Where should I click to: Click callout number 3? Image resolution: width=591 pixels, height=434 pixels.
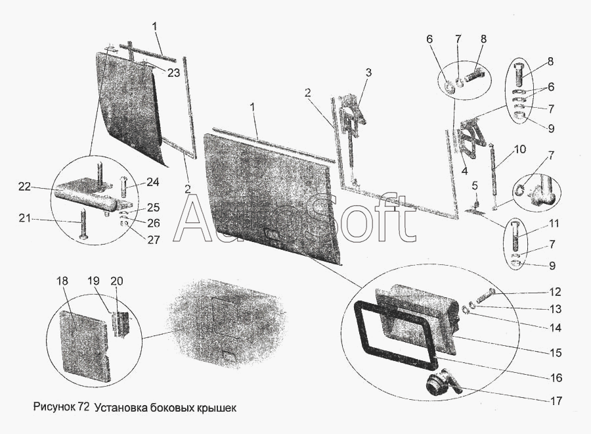[x=369, y=72]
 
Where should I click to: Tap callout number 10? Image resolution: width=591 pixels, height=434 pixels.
[x=519, y=150]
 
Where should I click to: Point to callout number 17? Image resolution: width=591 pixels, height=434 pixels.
[x=556, y=398]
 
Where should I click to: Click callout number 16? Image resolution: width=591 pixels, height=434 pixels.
[x=556, y=378]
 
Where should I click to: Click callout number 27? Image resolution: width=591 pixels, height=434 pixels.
[x=153, y=240]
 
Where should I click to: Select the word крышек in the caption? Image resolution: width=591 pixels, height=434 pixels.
[x=214, y=408]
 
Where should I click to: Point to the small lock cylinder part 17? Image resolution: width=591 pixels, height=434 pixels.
[x=439, y=383]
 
